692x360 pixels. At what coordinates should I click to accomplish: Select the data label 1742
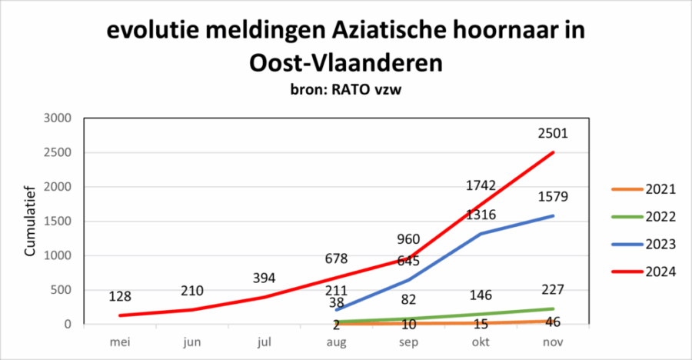tap(481, 185)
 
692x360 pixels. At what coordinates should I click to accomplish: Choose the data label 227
tap(553, 290)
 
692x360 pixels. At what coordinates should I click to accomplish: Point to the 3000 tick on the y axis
tap(57, 118)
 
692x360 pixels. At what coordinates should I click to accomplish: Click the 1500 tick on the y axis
tap(57, 222)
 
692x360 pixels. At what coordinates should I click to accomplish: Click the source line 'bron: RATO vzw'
tap(345, 89)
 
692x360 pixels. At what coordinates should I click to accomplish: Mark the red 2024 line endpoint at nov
tap(553, 152)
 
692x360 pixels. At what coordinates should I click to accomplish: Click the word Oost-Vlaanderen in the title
tap(346, 62)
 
